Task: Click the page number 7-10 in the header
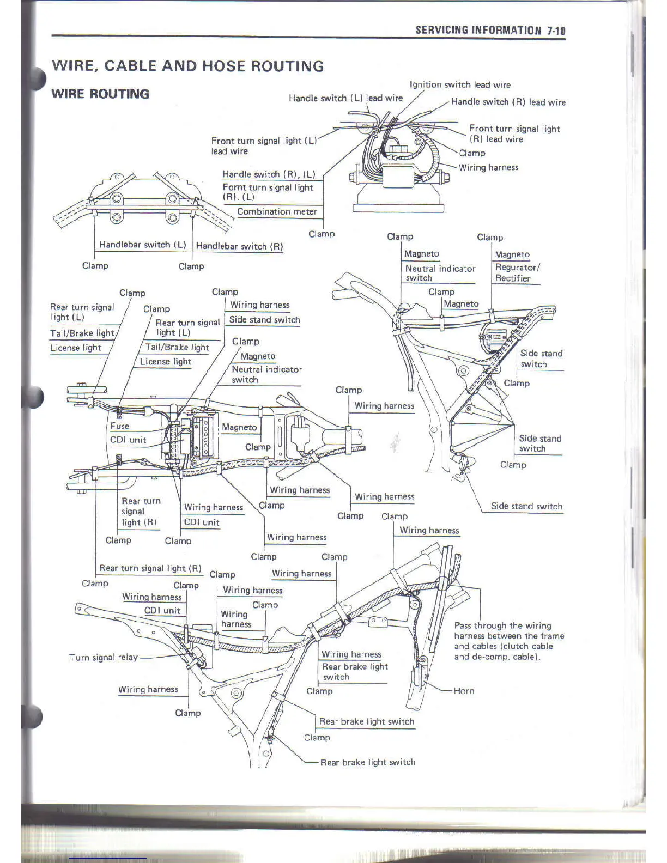[556, 31]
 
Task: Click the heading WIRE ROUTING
[100, 94]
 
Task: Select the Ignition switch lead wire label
[460, 84]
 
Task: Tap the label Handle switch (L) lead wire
[345, 98]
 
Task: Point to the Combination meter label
[277, 211]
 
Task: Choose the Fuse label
[120, 426]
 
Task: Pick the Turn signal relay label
[104, 657]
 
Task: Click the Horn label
[464, 691]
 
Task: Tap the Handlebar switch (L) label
[143, 245]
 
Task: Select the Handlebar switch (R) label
[239, 246]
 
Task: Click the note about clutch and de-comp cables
[508, 641]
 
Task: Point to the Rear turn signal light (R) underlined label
[150, 568]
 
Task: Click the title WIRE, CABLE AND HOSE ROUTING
[187, 66]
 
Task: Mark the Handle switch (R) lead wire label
[508, 102]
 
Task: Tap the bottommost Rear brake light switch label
[367, 762]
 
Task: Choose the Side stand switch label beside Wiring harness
[264, 320]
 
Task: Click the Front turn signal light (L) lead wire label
[264, 145]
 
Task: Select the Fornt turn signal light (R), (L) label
[268, 192]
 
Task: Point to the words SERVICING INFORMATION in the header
[478, 31]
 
